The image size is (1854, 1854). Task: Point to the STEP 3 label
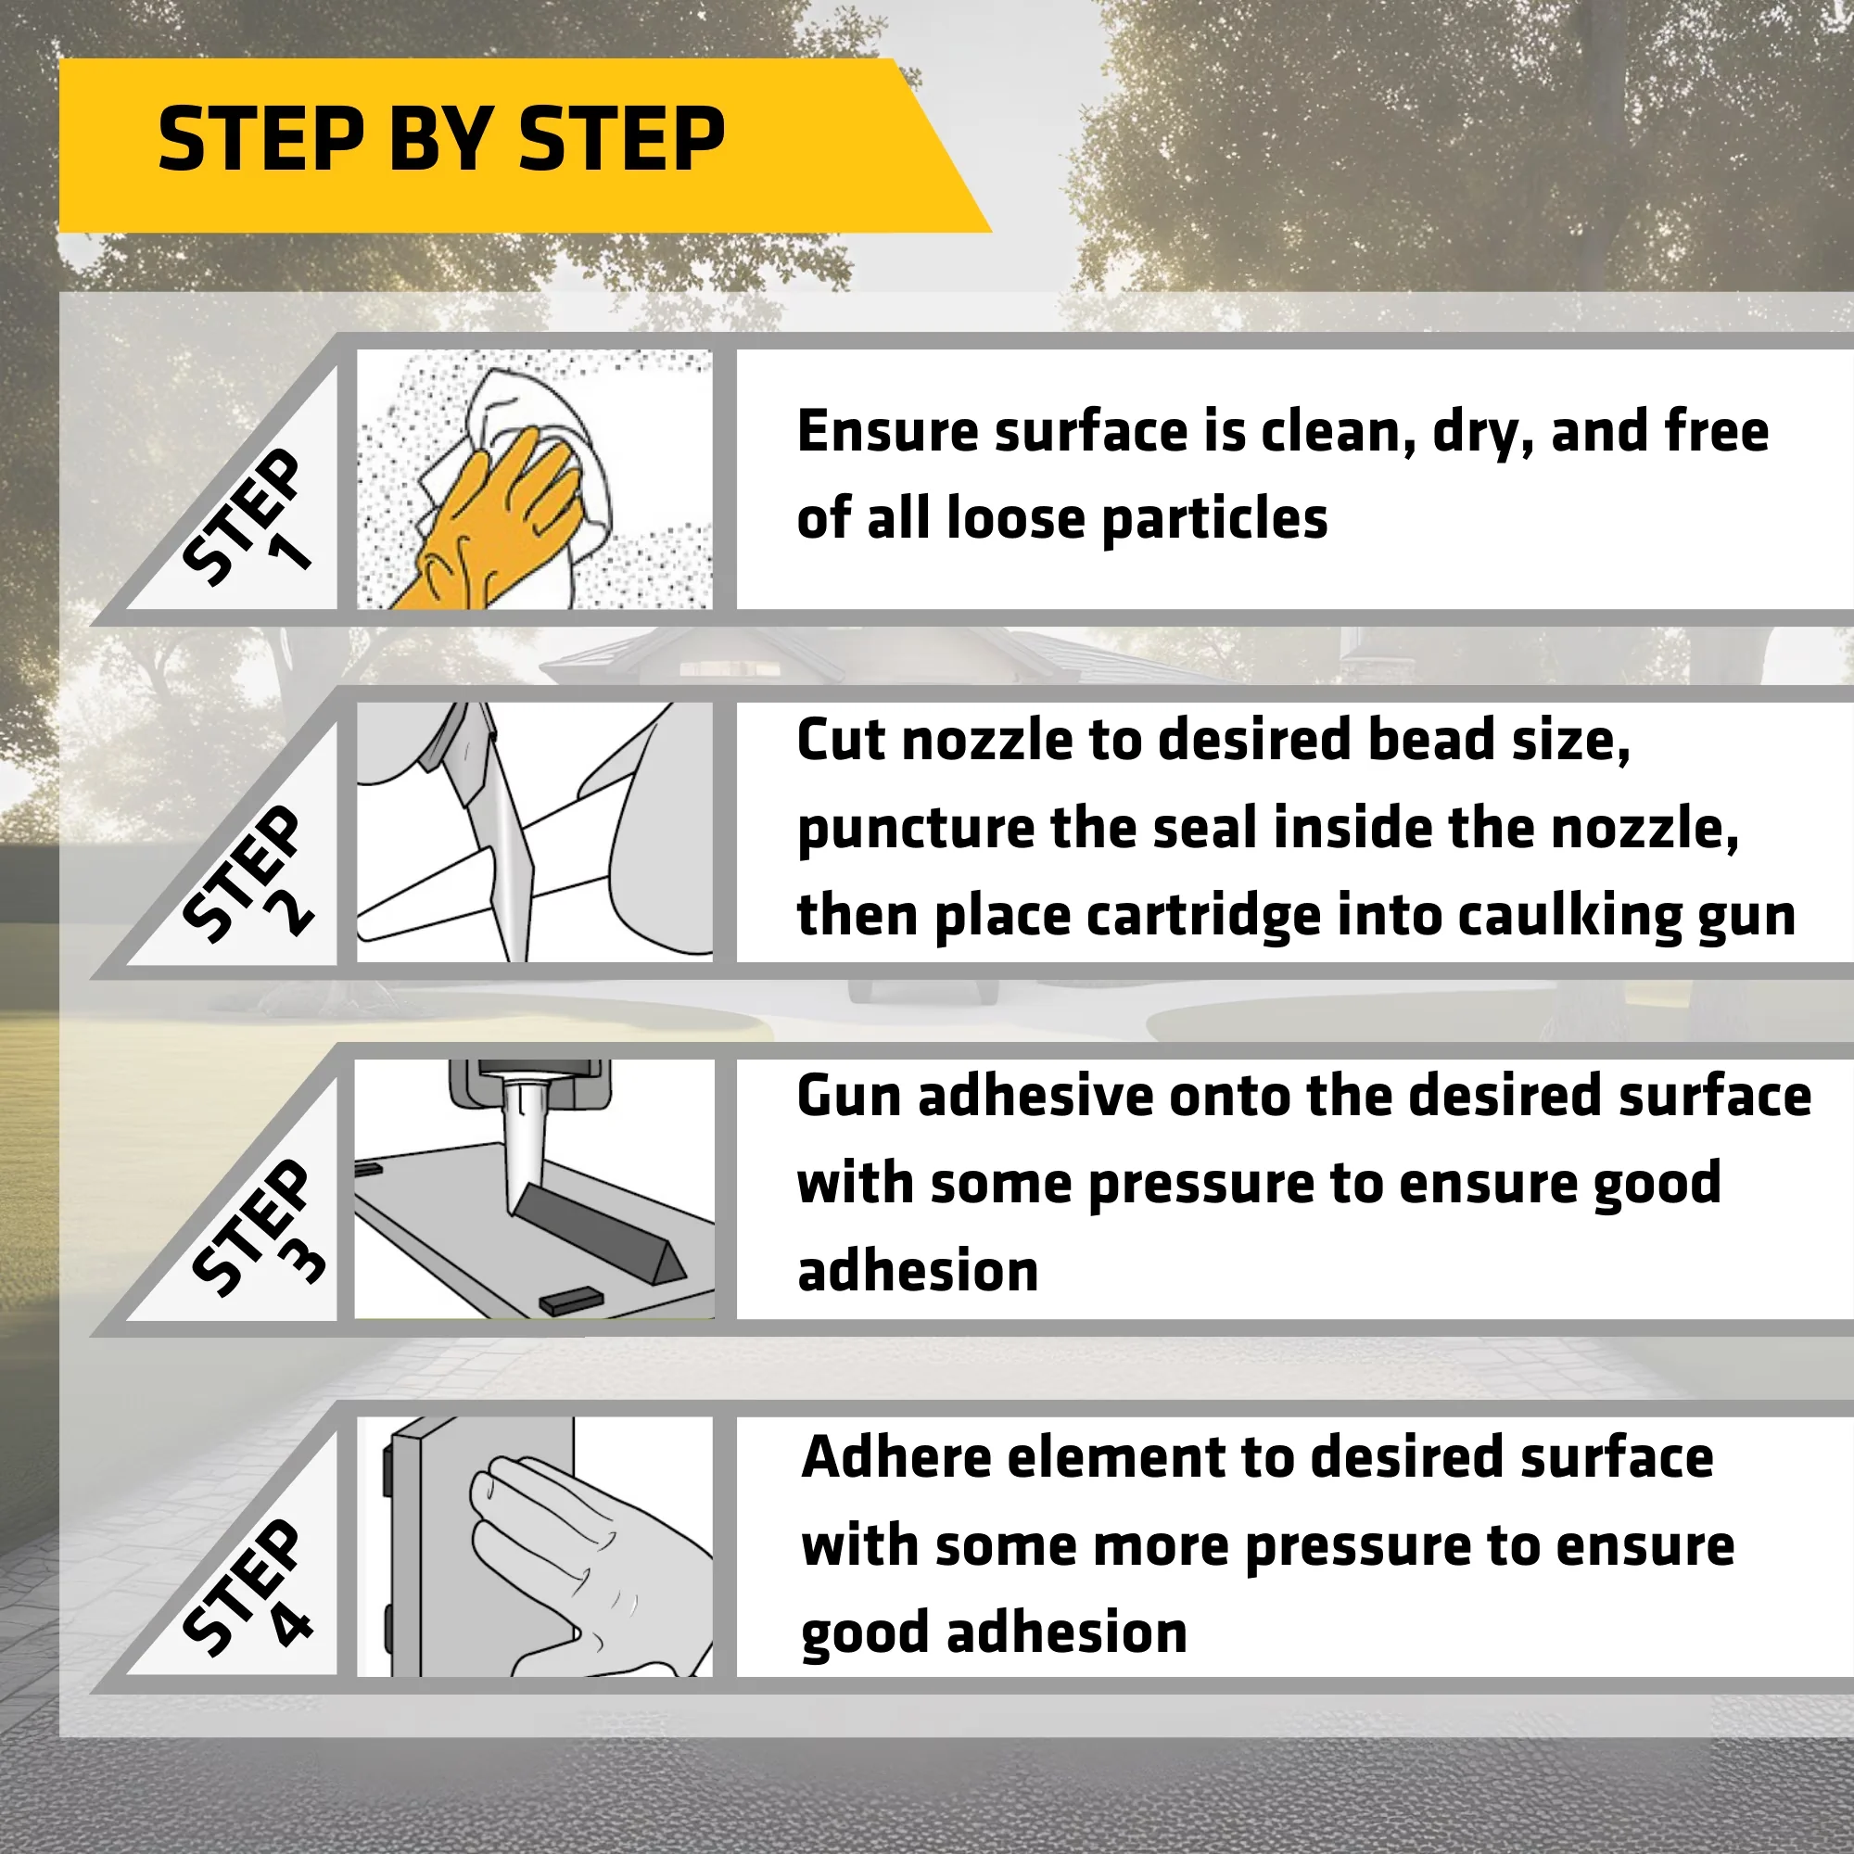(254, 1228)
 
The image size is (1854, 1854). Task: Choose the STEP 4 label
(248, 1587)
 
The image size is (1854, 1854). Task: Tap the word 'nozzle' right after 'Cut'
(988, 741)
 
